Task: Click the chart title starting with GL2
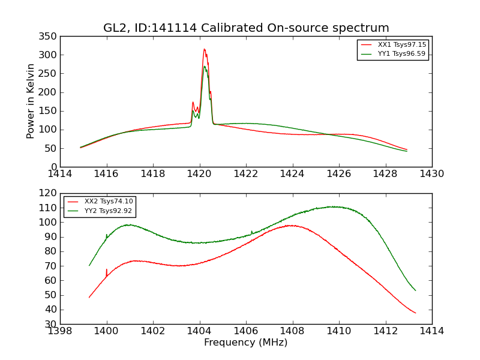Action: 246,28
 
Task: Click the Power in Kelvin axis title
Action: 31,101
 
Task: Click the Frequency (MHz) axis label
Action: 246,343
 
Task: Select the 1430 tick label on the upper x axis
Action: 431,173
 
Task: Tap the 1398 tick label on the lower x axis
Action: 60,331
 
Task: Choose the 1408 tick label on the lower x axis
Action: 292,331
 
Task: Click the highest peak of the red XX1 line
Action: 204,49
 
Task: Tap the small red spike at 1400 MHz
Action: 107,269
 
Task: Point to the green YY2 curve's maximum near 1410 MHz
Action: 333,206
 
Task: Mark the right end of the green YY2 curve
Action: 415,290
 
